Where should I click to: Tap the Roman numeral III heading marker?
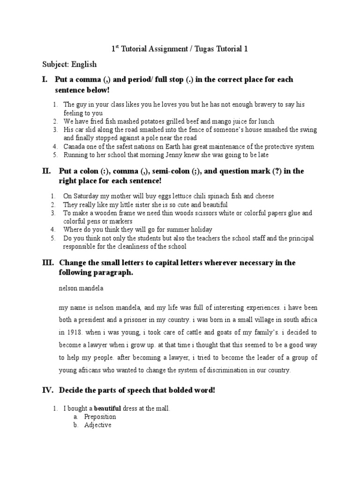pos(47,262)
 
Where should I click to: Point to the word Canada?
pos(75,147)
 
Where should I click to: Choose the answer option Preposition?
pos(100,417)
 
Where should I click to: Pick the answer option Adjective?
pos(97,426)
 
